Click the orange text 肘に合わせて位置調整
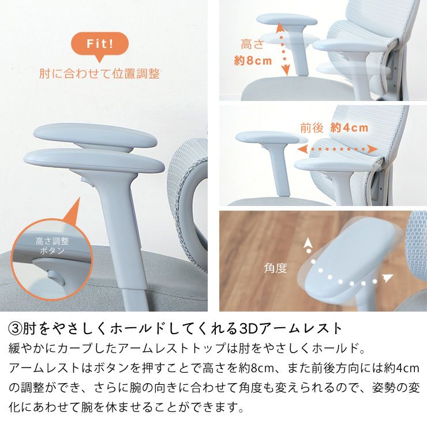[99, 74]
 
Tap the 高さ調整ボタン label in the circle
[52, 246]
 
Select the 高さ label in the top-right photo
[252, 44]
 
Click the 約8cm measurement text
[253, 61]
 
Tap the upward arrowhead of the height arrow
[279, 27]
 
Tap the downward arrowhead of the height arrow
[286, 71]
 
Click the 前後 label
[312, 128]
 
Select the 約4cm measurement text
[349, 128]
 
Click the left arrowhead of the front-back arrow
[302, 149]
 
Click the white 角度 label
[276, 268]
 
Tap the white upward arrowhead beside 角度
[308, 242]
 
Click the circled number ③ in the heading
[15, 329]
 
